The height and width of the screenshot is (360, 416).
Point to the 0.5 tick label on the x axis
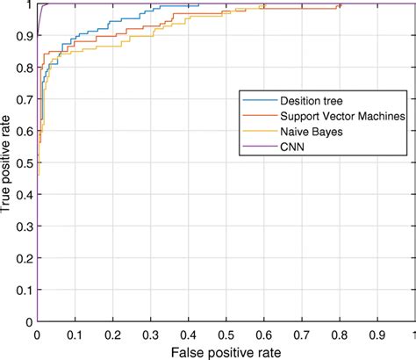[x=226, y=334]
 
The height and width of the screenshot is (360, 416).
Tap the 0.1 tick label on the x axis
[x=75, y=334]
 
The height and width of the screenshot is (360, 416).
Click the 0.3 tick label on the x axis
[x=150, y=334]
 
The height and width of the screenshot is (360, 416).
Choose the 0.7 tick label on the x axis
[x=301, y=334]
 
